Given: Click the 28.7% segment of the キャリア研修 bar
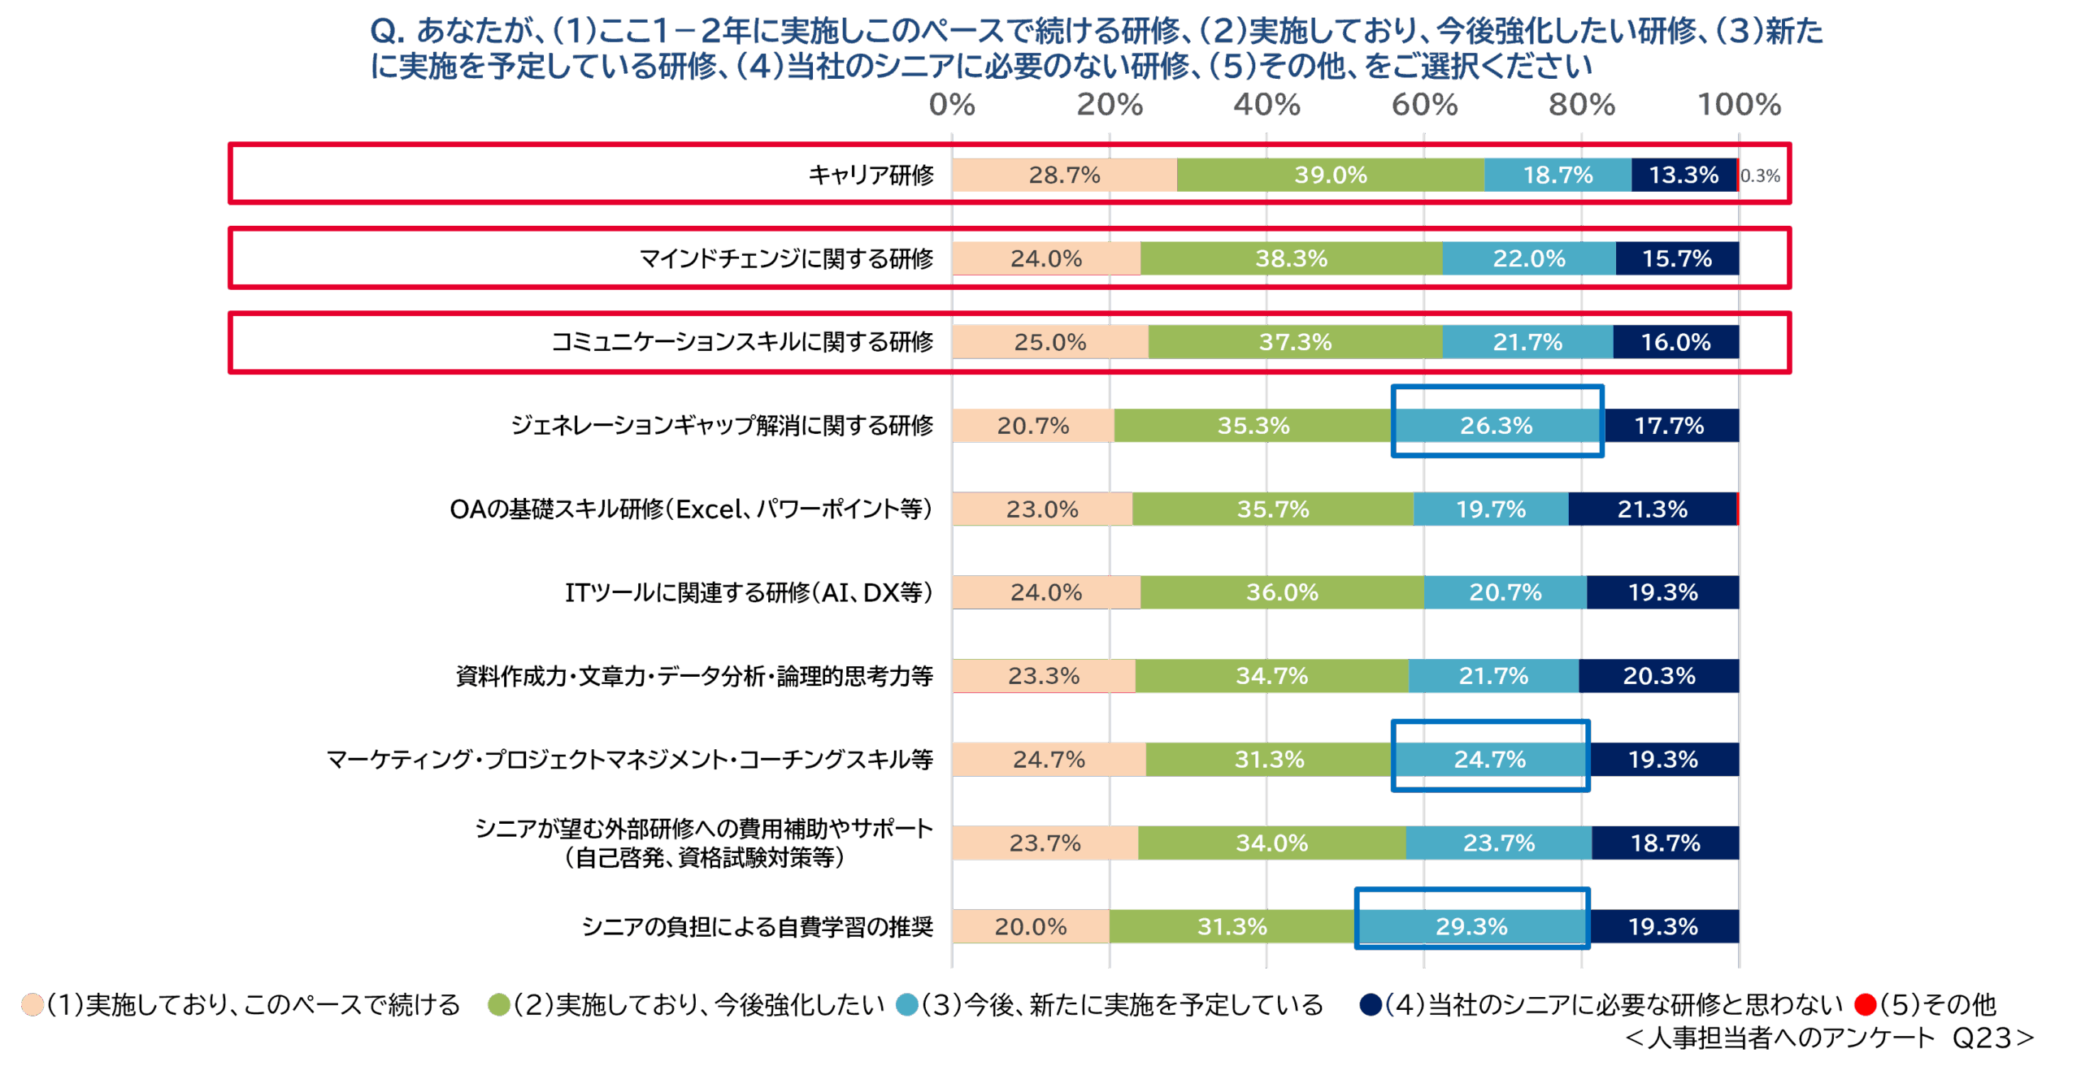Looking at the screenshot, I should [1064, 175].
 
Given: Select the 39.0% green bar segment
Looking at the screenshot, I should [1330, 175].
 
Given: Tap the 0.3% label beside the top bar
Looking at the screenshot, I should [1760, 175].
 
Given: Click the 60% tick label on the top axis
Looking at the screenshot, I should [1424, 105].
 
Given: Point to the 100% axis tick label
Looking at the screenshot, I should [1739, 105].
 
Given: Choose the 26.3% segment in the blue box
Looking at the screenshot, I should [1496, 425].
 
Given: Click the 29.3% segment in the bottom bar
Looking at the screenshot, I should [1471, 926].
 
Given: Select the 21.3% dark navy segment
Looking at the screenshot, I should [1652, 509].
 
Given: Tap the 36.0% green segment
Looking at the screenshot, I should [1282, 592].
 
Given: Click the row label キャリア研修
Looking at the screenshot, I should [871, 175].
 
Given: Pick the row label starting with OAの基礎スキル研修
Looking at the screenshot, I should [690, 509].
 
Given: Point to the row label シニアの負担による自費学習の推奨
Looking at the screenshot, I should [757, 927].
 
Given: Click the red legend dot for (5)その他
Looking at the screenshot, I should [1865, 1005].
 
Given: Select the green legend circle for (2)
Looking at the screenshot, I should [498, 1005].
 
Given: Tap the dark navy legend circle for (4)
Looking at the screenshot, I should [1371, 1005].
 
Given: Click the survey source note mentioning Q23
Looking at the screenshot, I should [1829, 1038].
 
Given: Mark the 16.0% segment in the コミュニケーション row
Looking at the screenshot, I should [1675, 342].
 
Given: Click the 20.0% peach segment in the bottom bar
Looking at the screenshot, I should [1030, 926].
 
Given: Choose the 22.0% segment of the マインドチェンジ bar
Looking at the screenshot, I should [1528, 258].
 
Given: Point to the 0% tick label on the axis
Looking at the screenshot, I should [952, 105].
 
